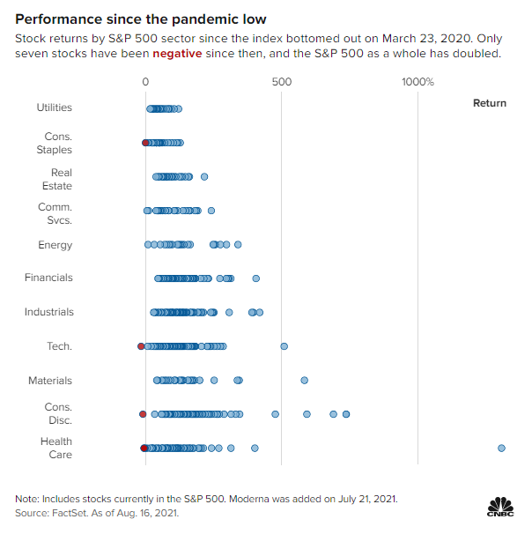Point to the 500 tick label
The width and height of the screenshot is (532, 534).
(282, 82)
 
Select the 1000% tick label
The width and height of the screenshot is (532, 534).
(417, 82)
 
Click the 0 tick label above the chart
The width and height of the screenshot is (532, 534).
(145, 82)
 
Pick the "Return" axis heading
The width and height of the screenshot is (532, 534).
(490, 103)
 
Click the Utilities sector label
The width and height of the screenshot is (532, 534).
(54, 108)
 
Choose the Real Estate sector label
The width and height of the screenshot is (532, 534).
(61, 179)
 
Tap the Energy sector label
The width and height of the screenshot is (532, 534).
(55, 245)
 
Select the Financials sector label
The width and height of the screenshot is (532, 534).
(48, 278)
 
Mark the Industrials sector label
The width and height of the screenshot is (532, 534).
(49, 312)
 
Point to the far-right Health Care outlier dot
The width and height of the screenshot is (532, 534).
(501, 448)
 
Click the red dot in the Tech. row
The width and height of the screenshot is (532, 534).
(141, 346)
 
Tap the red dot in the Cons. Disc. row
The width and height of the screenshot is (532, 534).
(143, 413)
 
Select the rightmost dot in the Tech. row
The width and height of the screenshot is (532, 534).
(284, 346)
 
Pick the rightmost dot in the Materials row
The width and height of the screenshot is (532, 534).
(304, 380)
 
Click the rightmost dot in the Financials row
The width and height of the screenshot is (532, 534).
(255, 278)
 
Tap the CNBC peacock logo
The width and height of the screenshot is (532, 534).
(500, 507)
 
